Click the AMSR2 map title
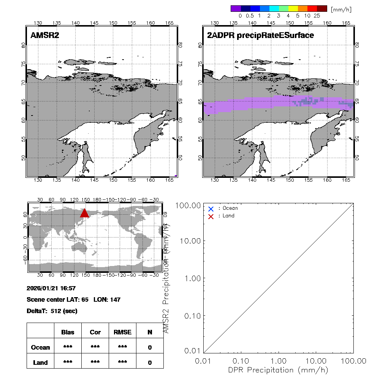click(45, 36)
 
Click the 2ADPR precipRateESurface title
click(260, 36)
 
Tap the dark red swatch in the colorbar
click(322, 8)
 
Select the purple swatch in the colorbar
click(236, 8)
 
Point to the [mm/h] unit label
click(341, 9)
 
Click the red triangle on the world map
click(84, 213)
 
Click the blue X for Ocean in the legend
click(211, 209)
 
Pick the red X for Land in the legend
click(211, 216)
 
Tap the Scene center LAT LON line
click(73, 299)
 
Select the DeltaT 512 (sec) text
click(52, 311)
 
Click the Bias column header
click(68, 332)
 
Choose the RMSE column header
click(122, 332)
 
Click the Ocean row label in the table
click(40, 347)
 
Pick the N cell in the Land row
click(150, 363)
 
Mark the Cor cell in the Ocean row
click(95, 347)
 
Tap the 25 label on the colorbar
click(317, 16)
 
